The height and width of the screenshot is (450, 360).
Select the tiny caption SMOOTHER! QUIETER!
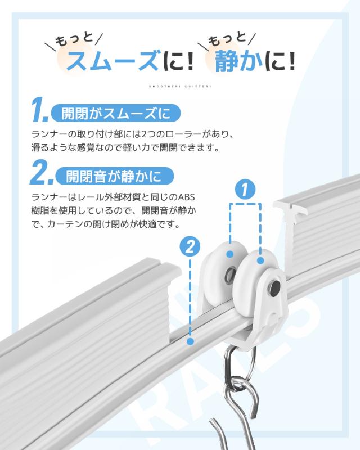click(x=180, y=86)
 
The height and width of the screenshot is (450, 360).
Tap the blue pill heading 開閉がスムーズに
click(x=115, y=112)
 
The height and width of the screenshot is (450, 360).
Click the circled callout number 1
click(x=245, y=190)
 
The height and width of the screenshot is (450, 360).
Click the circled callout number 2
click(x=191, y=246)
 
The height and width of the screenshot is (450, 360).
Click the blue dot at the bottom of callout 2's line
click(x=191, y=341)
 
